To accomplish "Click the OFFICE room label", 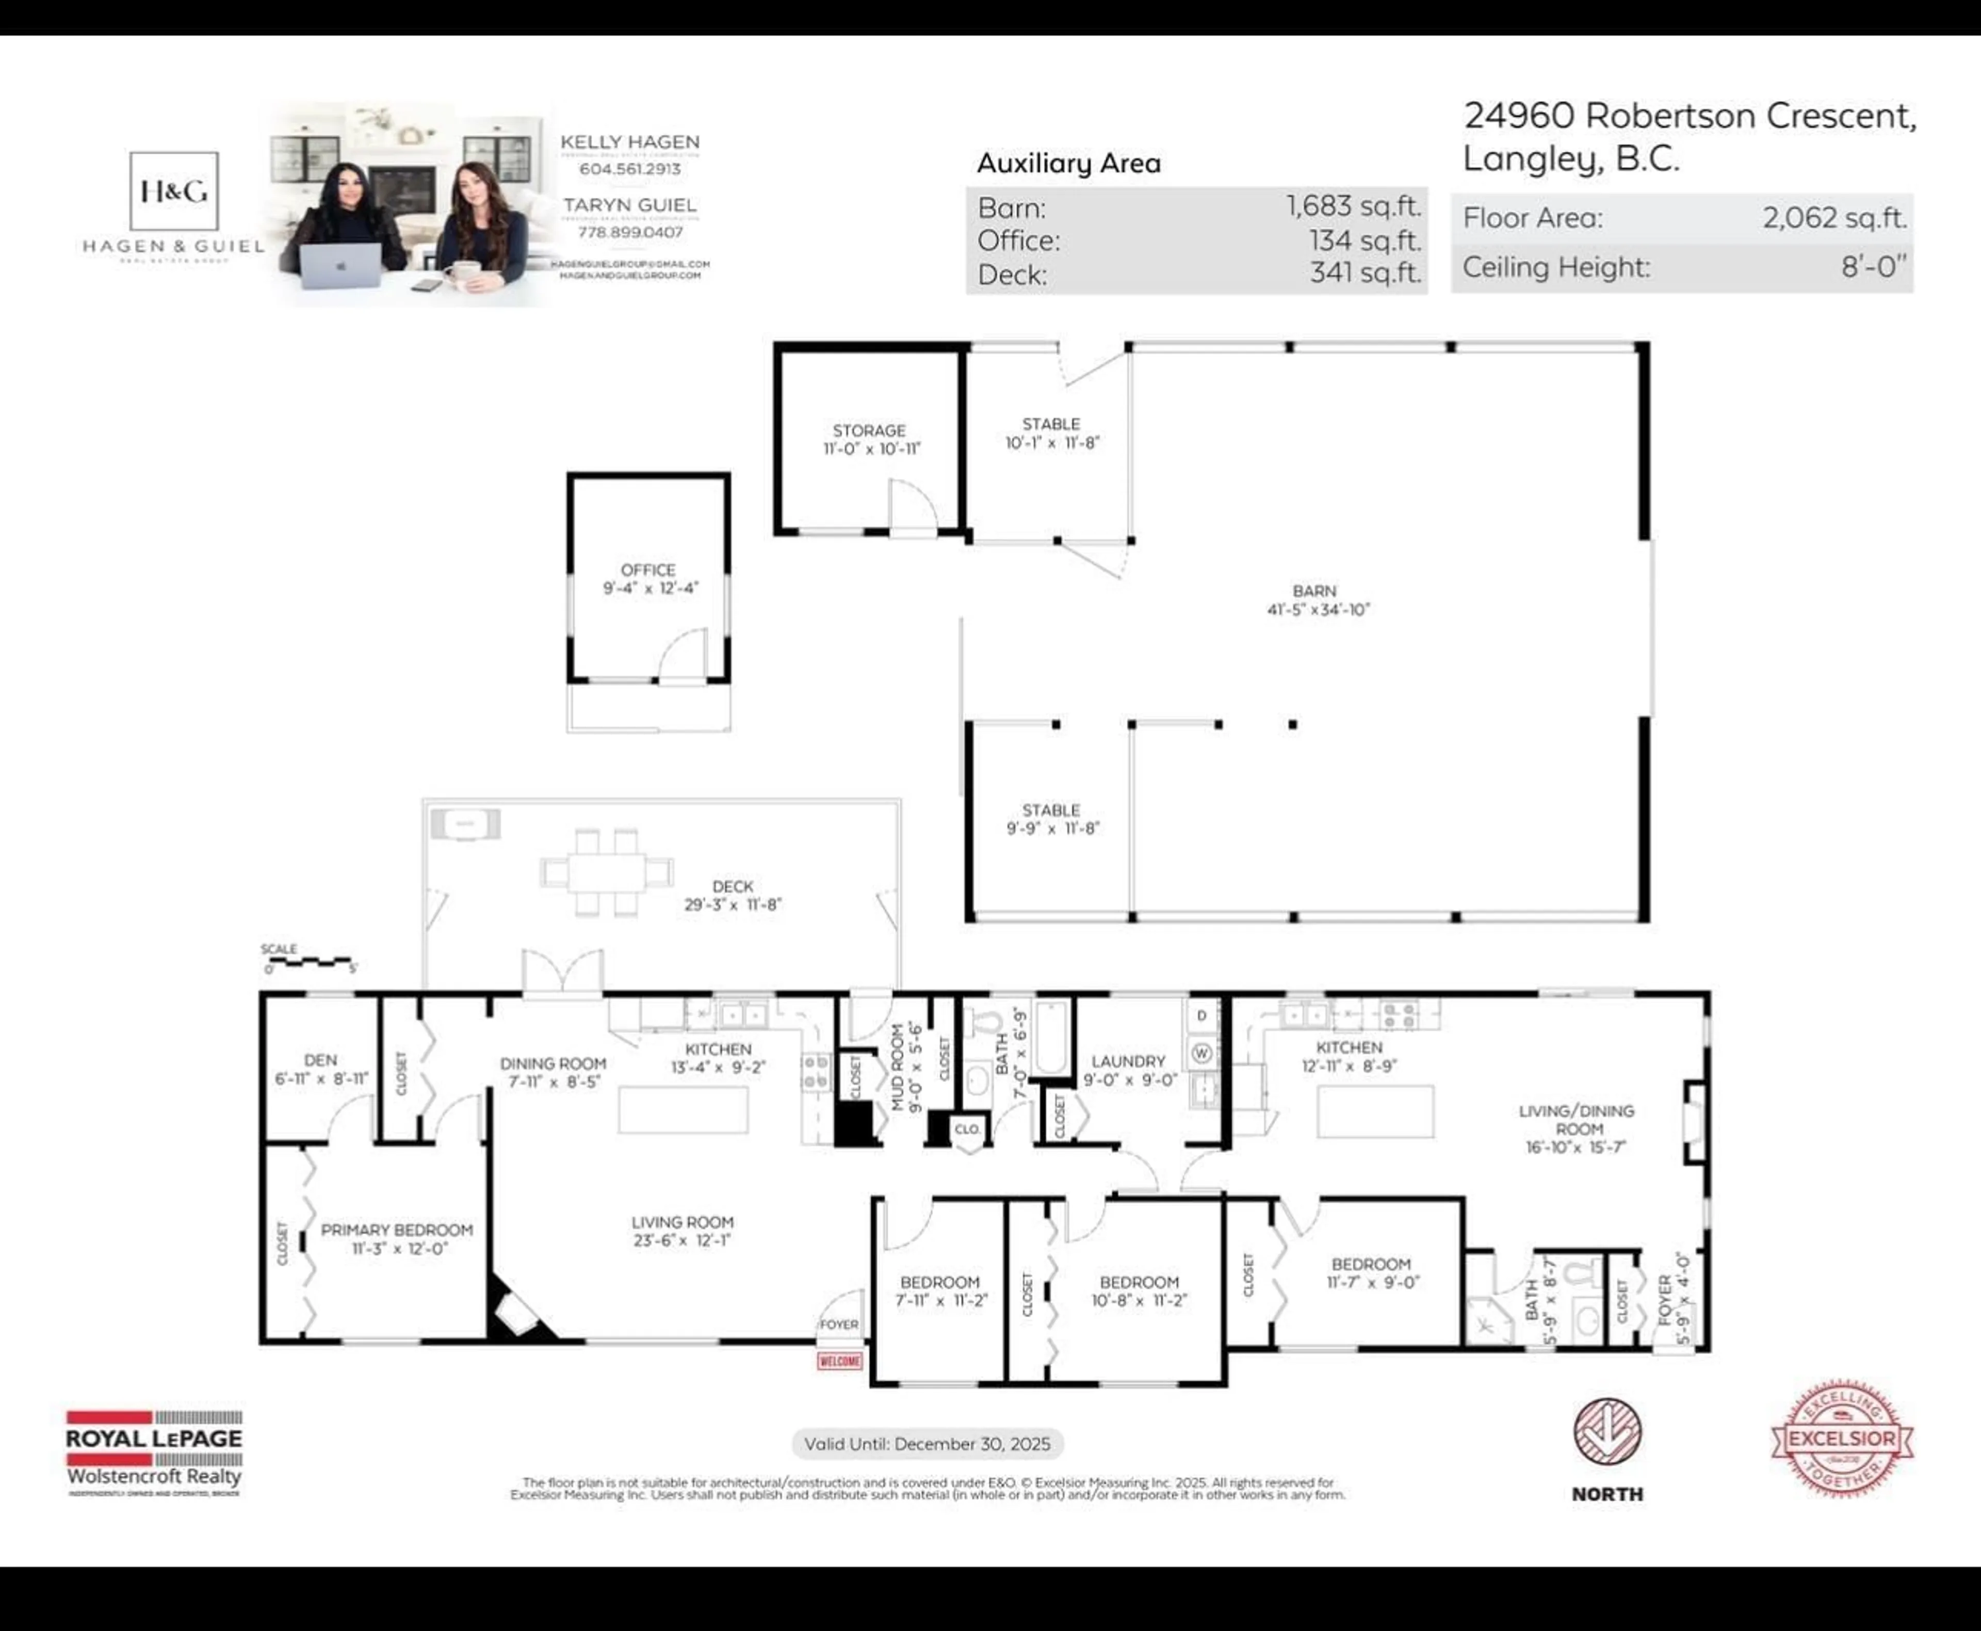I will tap(647, 569).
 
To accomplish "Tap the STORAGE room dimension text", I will tap(871, 449).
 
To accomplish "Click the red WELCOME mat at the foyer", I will tap(839, 1361).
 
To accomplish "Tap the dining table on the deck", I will tap(606, 872).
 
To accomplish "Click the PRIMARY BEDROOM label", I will tap(396, 1230).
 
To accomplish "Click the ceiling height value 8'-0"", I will tap(1873, 267).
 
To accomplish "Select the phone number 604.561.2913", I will tap(629, 169).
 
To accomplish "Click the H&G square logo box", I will tap(174, 191).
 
